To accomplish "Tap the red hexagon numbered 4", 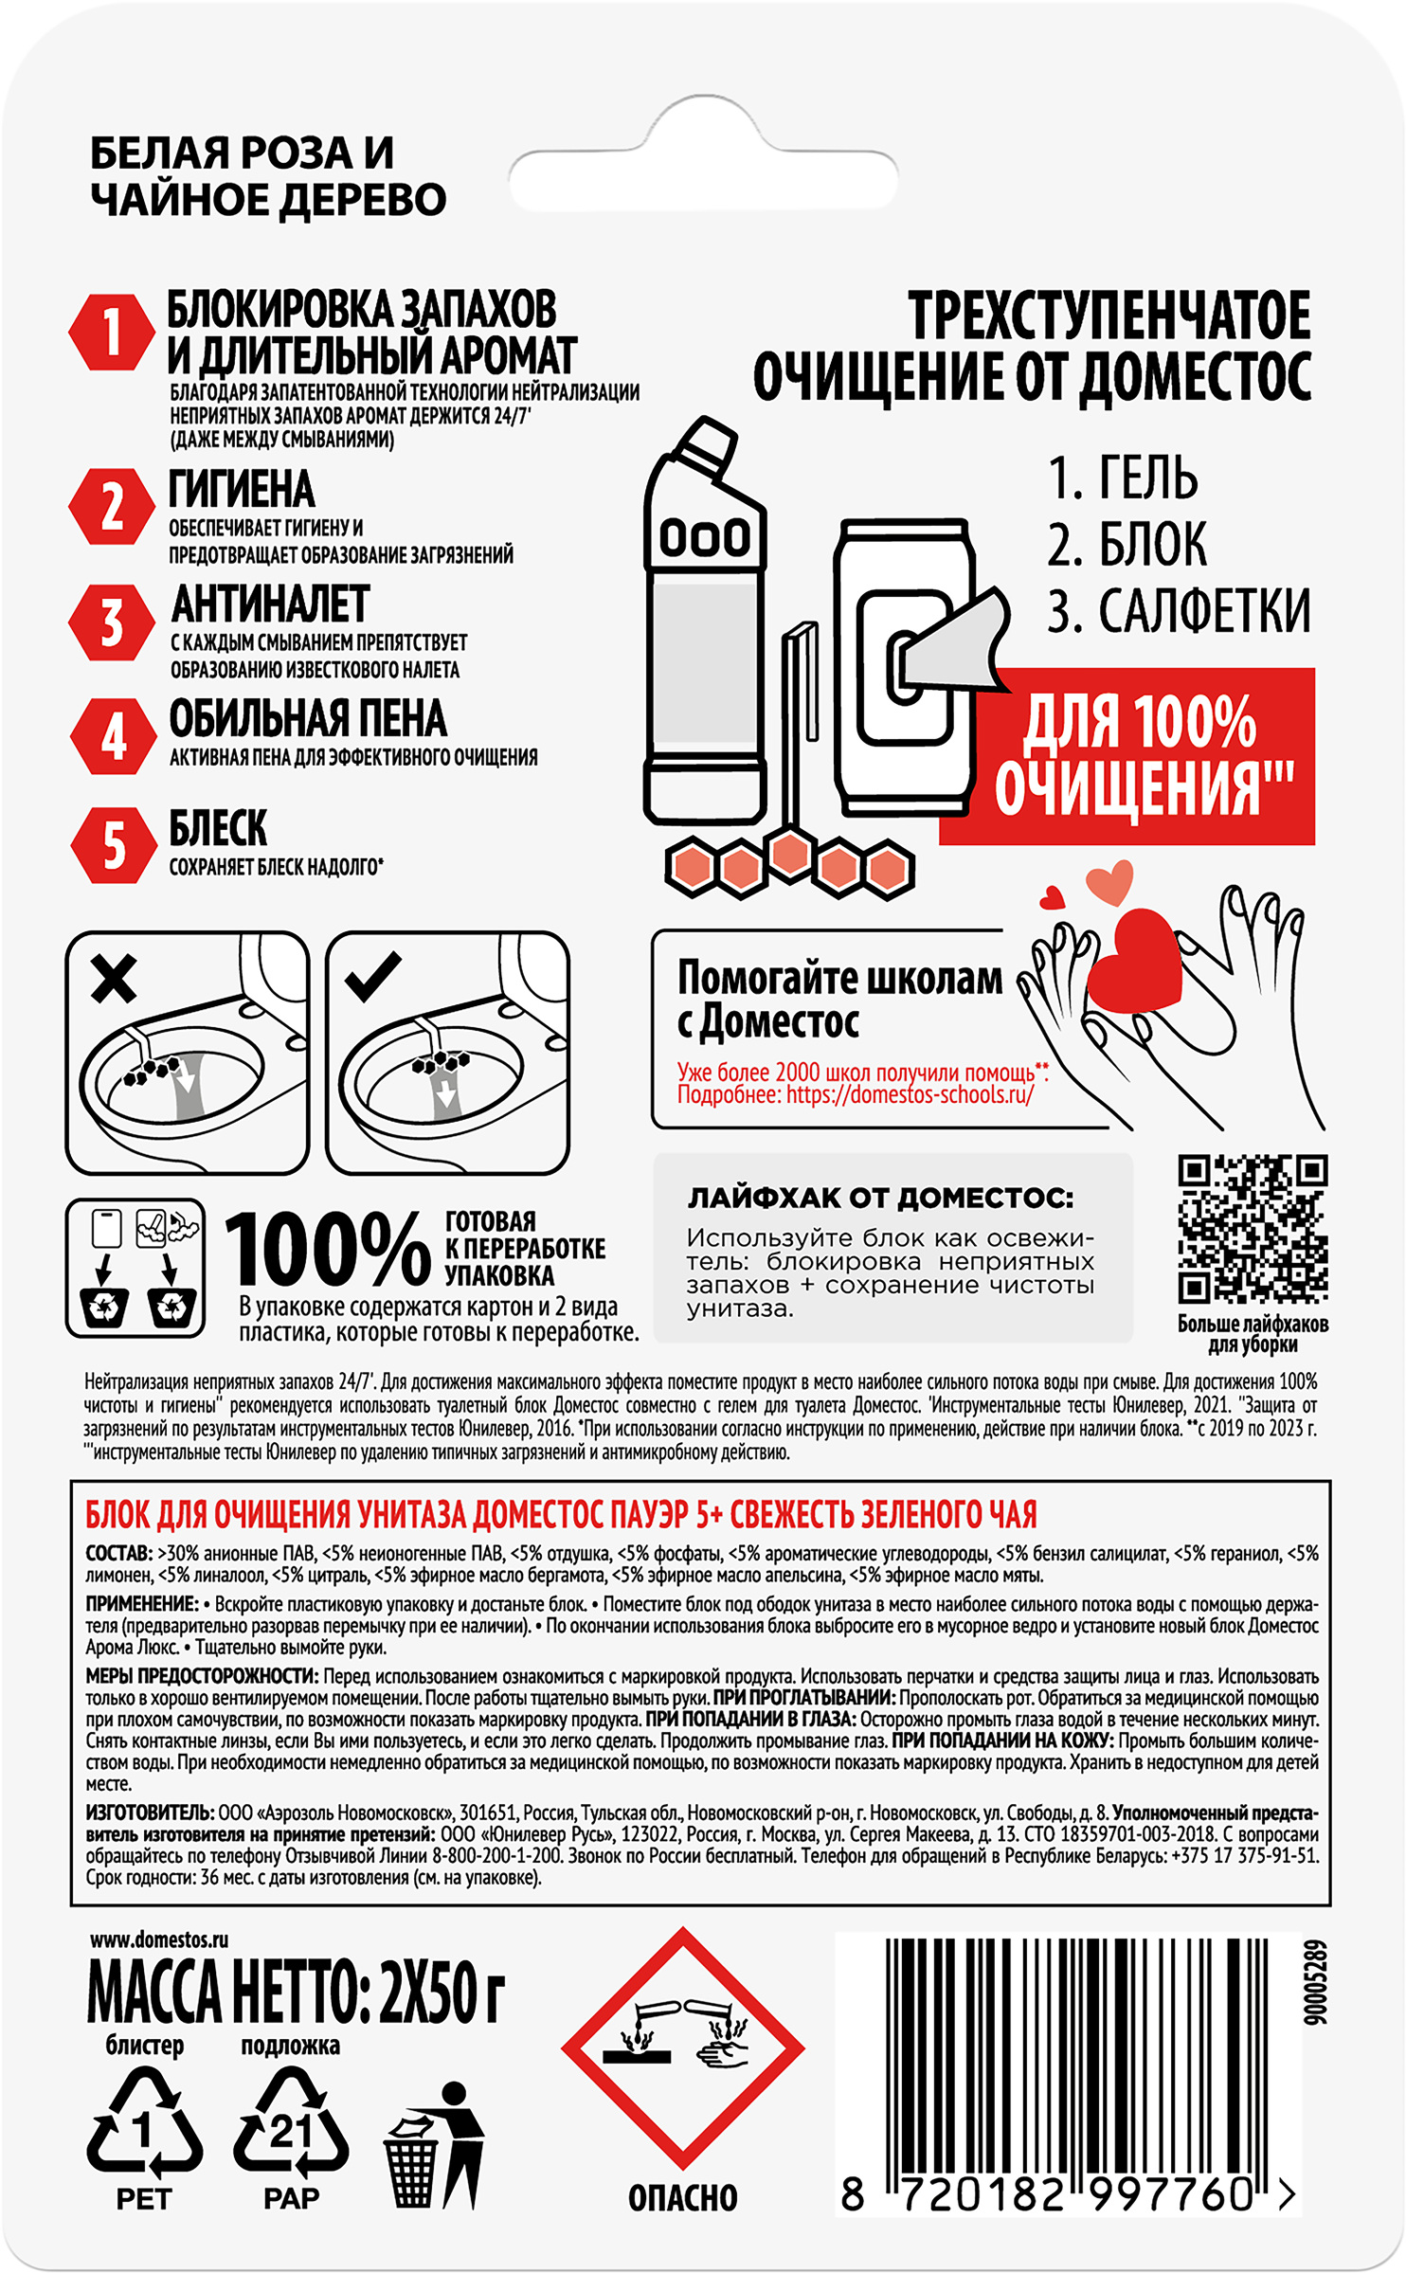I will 113,737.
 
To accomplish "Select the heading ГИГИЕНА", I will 242,490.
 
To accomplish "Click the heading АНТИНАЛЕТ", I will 270,604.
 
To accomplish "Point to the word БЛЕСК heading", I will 218,828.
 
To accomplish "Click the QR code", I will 1253,1229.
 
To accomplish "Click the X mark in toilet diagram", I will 114,978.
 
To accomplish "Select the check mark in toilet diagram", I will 374,976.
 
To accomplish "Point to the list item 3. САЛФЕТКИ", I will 1178,611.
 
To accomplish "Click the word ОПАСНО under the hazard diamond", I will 682,2197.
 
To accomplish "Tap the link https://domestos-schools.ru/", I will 910,1095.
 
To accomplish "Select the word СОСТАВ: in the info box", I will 118,1554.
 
